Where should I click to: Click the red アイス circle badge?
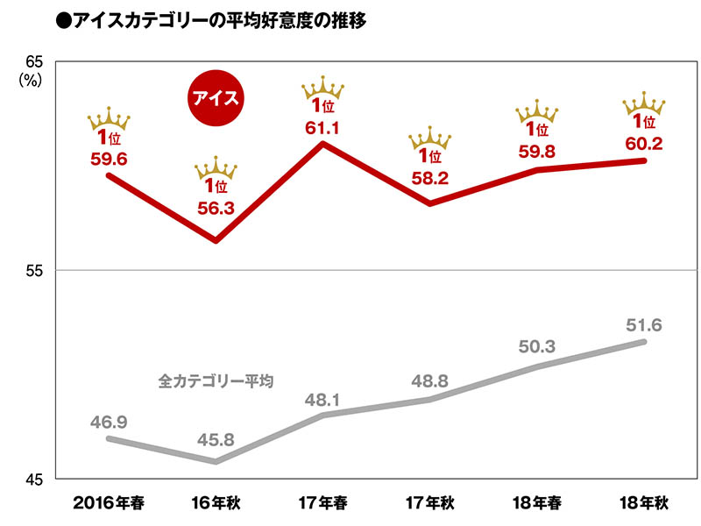tap(216, 96)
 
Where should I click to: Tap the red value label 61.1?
tap(323, 128)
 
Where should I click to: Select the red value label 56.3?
tap(216, 208)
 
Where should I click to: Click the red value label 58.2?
tap(429, 178)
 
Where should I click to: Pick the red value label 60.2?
tap(644, 143)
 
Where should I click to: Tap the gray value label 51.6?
tap(644, 325)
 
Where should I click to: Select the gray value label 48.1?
tap(323, 400)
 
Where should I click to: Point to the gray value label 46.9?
tap(109, 423)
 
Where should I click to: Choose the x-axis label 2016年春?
tap(109, 503)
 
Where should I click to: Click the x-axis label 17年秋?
tap(430, 503)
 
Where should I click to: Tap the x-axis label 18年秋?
tap(644, 503)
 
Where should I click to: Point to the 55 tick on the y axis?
tap(35, 270)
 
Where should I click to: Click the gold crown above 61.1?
tap(323, 87)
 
